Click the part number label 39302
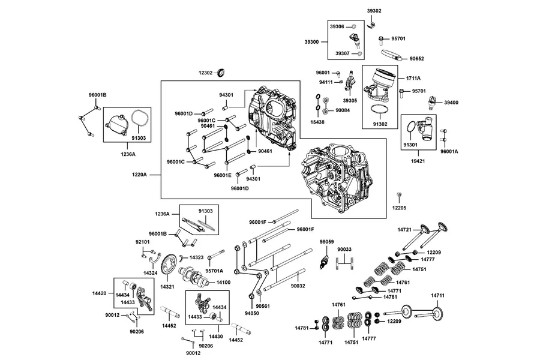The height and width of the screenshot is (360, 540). (374, 11)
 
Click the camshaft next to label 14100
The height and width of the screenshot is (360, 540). (194, 276)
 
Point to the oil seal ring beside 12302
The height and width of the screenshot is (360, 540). (222, 73)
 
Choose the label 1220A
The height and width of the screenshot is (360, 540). (139, 175)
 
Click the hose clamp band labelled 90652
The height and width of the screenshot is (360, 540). (392, 54)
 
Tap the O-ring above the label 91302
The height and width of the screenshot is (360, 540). (380, 109)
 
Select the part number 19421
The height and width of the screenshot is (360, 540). (418, 161)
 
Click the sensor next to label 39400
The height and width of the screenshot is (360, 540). (431, 103)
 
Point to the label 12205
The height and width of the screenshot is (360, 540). (400, 208)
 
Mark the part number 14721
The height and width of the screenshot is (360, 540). (404, 230)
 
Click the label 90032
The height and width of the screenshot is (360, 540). (298, 286)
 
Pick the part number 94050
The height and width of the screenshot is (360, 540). (252, 313)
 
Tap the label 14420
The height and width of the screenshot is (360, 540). (100, 293)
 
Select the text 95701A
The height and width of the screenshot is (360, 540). (214, 271)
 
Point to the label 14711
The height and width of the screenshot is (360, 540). (438, 296)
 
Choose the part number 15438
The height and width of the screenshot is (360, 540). (317, 122)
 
